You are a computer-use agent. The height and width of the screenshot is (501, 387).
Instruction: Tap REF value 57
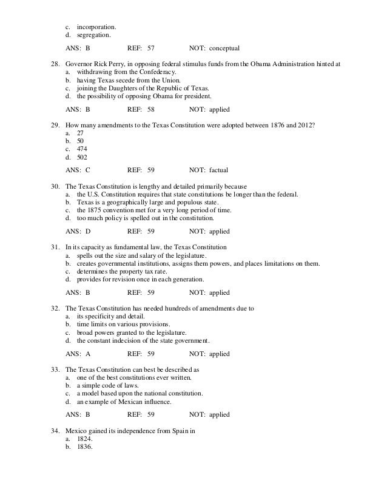151,47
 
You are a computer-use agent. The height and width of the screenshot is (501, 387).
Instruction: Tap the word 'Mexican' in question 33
134,402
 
